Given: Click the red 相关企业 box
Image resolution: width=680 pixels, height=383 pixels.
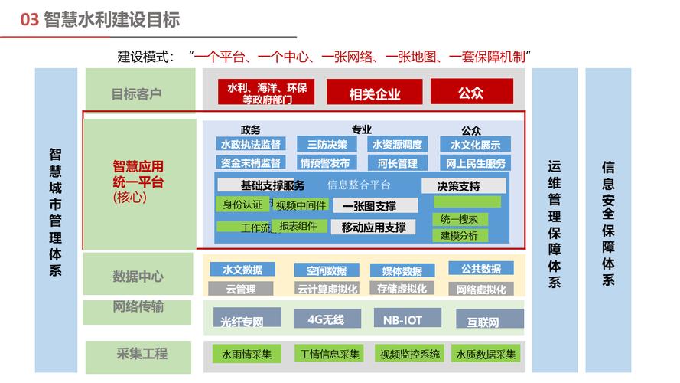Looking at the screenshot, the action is [x=375, y=93].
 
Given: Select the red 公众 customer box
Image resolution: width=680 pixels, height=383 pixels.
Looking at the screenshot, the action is [x=471, y=92].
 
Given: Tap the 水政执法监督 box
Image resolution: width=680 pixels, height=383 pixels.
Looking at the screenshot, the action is [x=250, y=144].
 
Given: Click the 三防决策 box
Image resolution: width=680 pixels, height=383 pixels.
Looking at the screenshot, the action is [x=327, y=144].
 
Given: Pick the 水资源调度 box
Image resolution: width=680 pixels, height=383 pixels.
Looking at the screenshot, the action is [x=397, y=144].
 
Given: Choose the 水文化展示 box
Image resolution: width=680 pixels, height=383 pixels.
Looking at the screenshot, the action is [x=475, y=144].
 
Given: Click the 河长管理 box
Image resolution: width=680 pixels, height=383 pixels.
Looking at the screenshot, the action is [x=397, y=162].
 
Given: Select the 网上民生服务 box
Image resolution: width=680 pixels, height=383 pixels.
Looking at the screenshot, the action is [x=475, y=162].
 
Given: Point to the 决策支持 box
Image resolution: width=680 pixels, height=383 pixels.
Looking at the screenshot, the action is [x=463, y=185].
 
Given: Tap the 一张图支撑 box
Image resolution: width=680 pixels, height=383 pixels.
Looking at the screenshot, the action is [x=375, y=205].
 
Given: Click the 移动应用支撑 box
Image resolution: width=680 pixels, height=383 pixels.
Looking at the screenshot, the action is [x=373, y=227].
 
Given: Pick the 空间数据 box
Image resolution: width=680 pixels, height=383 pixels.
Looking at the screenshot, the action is [x=327, y=270].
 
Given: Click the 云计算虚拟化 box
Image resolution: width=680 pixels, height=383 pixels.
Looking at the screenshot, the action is [x=327, y=289].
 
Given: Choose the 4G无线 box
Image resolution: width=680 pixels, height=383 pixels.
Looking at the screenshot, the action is [x=327, y=319].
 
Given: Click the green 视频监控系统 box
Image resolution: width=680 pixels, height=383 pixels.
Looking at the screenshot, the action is [x=409, y=354].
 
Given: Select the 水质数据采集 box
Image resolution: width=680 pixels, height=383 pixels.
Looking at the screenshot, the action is [x=486, y=354].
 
